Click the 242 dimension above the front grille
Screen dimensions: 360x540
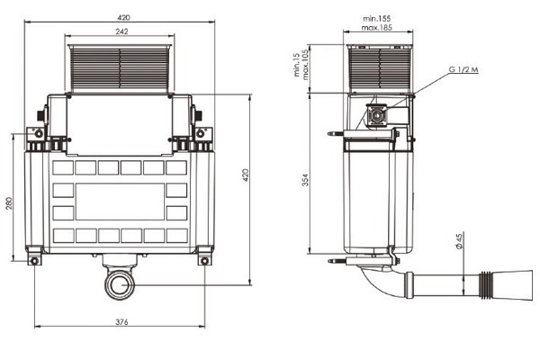click(121, 30)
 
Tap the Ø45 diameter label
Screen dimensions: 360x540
click(459, 242)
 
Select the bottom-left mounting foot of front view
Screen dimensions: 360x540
click(36, 261)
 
